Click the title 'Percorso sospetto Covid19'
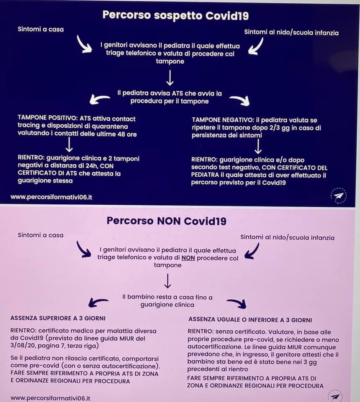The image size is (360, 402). click(175, 15)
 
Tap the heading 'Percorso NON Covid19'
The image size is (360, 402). click(167, 221)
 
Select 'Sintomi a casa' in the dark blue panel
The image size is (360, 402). click(41, 29)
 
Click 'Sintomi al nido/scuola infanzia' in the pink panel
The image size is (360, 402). click(287, 237)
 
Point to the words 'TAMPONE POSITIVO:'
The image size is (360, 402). click(48, 118)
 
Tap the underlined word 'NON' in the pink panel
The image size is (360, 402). click(188, 258)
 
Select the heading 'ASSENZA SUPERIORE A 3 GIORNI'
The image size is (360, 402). click(58, 318)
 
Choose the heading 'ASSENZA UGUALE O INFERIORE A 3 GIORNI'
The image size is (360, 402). click(250, 320)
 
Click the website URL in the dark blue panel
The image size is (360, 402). click(51, 197)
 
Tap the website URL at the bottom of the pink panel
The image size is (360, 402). click(50, 398)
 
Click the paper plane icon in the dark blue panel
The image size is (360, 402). click(339, 196)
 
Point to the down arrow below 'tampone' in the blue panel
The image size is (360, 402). click(170, 78)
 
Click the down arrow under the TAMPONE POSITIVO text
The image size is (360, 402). click(69, 144)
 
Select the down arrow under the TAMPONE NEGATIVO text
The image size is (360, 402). click(258, 146)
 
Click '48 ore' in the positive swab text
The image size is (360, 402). click(127, 134)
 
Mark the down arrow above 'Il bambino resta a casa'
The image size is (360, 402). click(167, 281)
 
